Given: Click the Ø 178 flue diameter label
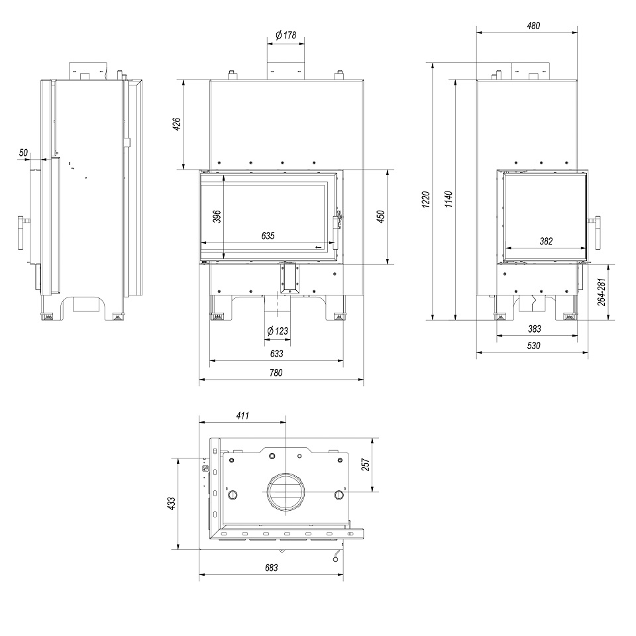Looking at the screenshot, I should (x=286, y=35).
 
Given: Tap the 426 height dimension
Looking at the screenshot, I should (x=177, y=124).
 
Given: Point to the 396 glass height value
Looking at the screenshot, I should (x=216, y=217).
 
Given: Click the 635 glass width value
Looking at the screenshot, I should (x=268, y=235).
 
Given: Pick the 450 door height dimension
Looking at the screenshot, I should (x=380, y=217).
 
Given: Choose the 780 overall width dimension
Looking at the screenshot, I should (x=276, y=373).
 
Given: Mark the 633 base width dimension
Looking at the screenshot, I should (x=276, y=354).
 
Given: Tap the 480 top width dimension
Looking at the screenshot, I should (x=534, y=26).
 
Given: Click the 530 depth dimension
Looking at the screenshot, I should (x=534, y=346).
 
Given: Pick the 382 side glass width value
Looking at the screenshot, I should (x=546, y=241).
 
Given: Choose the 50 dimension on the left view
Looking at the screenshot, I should (x=25, y=153).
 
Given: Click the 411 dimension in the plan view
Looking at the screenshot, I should (x=242, y=415).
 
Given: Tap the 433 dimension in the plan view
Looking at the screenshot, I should (x=172, y=503).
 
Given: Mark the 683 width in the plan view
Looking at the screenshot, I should (x=271, y=567).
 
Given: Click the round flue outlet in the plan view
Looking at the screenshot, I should (x=286, y=493).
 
